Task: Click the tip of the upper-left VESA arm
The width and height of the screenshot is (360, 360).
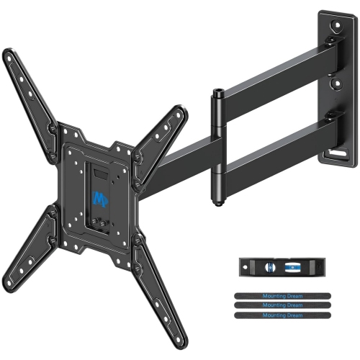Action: tap(9, 55)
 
